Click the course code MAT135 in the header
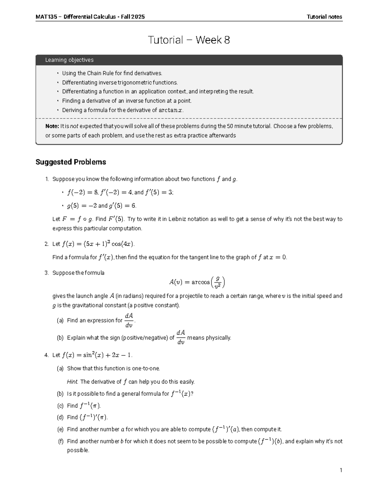(46, 17)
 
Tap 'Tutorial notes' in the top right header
(324, 17)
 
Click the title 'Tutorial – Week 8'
(189, 40)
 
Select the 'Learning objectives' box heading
(69, 60)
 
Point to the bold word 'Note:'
(52, 126)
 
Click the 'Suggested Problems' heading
(71, 162)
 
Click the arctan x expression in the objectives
(170, 110)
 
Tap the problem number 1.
(47, 179)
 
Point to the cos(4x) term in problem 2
(123, 244)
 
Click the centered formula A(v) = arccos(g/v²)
(197, 282)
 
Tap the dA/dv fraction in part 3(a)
(129, 320)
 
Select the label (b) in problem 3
(60, 338)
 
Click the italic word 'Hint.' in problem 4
(72, 382)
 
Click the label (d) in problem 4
(60, 418)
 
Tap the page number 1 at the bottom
(341, 470)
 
